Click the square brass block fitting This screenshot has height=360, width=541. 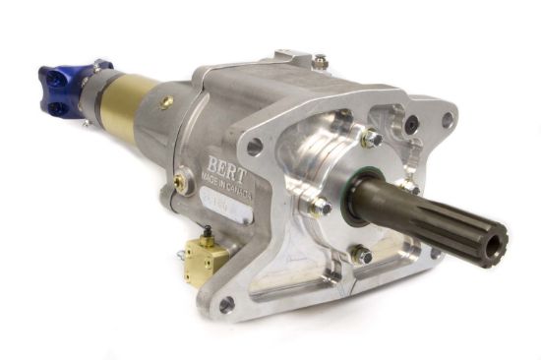click(x=206, y=257)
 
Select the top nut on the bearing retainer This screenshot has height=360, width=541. click(x=372, y=140)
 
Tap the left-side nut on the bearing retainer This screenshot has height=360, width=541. click(x=319, y=207)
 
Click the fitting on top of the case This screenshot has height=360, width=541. click(x=320, y=61)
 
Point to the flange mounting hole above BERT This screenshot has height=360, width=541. click(x=255, y=147)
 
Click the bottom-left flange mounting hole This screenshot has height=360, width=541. click(x=226, y=305)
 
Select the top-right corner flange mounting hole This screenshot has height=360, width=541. click(x=448, y=120)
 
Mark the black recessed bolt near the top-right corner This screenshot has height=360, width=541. click(x=411, y=125)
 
